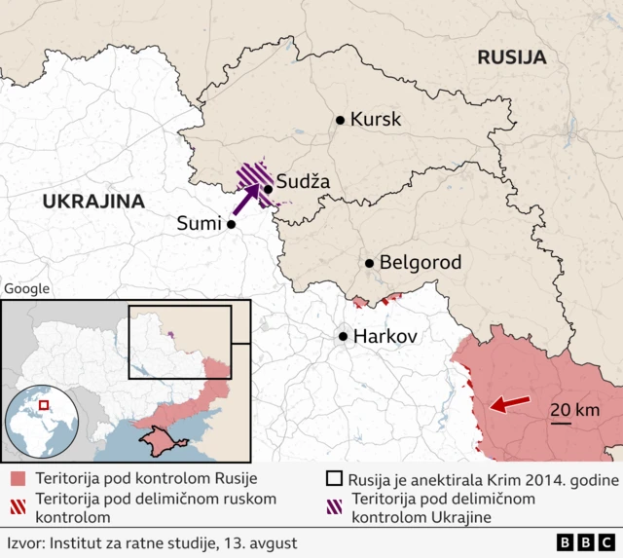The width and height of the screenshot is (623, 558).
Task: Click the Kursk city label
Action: click(376, 120)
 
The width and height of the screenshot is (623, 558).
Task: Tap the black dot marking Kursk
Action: click(340, 120)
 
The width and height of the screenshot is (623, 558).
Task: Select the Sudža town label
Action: click(303, 181)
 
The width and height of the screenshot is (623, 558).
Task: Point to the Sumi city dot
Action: click(232, 224)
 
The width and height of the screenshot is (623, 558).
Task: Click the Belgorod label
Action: click(420, 263)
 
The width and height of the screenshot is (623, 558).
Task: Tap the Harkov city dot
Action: click(344, 336)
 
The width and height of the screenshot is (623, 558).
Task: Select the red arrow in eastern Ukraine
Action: click(509, 403)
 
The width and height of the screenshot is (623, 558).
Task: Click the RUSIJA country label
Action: click(511, 57)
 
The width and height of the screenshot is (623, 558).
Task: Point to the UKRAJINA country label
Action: click(92, 202)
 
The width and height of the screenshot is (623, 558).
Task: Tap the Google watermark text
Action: click(26, 288)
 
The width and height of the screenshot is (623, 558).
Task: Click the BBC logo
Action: click(586, 542)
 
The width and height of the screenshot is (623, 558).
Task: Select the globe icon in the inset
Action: click(40, 420)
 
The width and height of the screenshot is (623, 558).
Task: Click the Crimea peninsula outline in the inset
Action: click(159, 443)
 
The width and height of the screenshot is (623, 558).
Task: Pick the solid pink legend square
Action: click(18, 479)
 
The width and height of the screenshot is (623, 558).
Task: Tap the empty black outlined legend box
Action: click(334, 479)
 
